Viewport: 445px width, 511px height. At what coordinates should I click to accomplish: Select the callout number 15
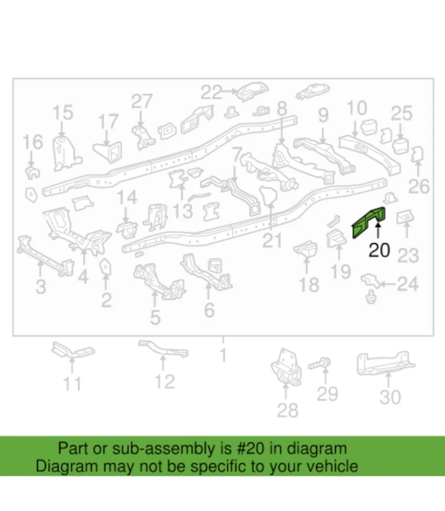point(62,113)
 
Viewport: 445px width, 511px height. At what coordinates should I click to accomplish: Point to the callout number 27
point(141,101)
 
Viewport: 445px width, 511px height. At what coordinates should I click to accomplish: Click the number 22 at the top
point(211,93)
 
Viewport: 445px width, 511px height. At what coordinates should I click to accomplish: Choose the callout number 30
point(390,397)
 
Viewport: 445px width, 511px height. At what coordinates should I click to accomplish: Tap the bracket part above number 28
point(285,366)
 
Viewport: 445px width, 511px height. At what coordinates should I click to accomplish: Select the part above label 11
point(72,351)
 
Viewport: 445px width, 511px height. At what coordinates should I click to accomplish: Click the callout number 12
point(164,381)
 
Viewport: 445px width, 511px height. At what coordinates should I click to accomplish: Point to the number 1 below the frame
point(223,354)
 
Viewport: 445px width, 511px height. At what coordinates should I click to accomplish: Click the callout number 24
point(408,285)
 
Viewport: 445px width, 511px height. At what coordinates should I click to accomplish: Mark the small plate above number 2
point(105,266)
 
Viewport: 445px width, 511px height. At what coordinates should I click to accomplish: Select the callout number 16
point(33,143)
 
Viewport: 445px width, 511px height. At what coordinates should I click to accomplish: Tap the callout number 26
point(418,186)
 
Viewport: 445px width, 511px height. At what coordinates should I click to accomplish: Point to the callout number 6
point(209,309)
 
